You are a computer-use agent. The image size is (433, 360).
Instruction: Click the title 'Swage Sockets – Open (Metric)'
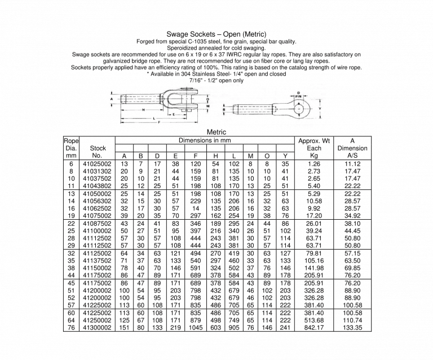[216, 34]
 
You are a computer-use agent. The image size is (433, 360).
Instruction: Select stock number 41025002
[97, 164]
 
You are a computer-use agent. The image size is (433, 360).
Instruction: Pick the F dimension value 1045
[195, 327]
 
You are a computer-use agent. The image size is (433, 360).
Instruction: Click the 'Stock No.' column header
[97, 152]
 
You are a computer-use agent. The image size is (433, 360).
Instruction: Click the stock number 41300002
[97, 327]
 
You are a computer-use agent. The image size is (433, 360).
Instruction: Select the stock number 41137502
[97, 261]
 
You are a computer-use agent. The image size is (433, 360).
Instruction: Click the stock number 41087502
[97, 224]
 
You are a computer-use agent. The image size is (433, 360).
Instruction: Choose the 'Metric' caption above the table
[216, 132]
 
